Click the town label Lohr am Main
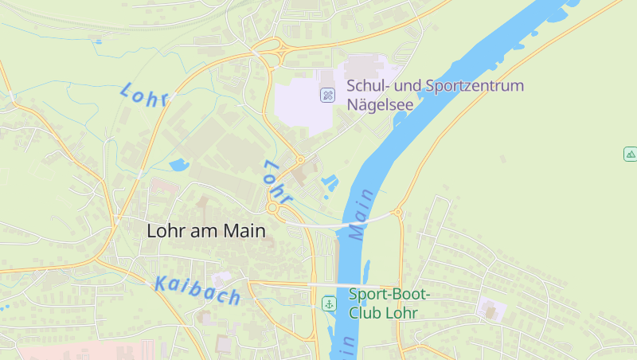pos(205,231)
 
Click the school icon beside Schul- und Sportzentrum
pos(327,96)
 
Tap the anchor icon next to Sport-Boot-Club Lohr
pos(329,303)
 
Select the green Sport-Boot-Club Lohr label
pos(389,303)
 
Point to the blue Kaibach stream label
pos(198,290)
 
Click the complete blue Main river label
pos(360,215)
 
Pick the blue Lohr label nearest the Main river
pos(278,181)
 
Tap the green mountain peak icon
pos(630,154)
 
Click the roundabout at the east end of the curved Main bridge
pos(398,213)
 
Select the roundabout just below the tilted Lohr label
pos(273,208)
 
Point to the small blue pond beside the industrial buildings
pos(178,165)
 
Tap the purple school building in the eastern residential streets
pos(489,308)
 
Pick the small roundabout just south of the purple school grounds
pos(300,158)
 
